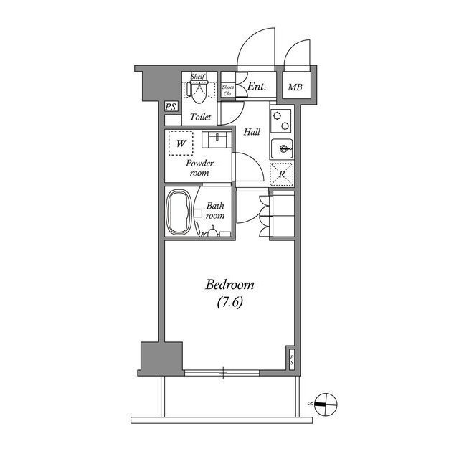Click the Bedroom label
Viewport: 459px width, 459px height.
229,285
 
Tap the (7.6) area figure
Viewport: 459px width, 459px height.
230,303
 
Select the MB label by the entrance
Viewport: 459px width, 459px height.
295,88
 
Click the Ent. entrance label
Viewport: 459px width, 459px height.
256,87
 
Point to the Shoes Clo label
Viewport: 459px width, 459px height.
227,90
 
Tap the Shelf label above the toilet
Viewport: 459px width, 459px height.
199,76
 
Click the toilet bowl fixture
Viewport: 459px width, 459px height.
199,91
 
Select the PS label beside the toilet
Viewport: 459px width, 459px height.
171,107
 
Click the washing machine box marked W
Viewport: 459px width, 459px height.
181,143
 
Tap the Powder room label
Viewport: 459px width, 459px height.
199,168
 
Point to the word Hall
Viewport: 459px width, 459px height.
251,132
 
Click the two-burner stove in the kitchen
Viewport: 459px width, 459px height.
282,120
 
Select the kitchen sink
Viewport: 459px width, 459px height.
282,149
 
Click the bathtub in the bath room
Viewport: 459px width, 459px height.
178,212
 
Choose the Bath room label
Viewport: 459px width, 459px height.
215,209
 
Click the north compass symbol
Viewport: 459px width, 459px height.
325,404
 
